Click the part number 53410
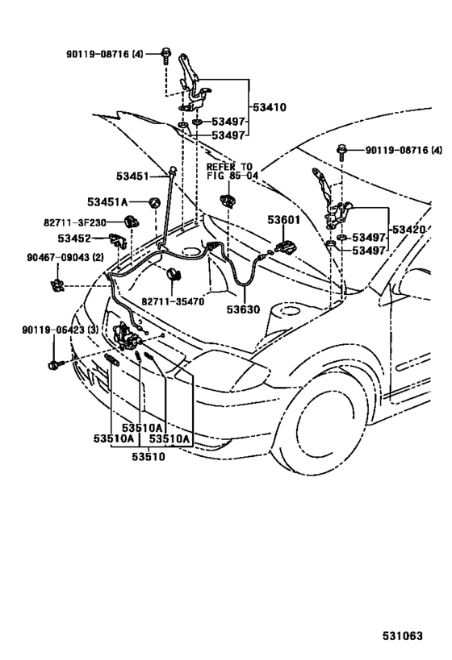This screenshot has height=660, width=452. pos(270,106)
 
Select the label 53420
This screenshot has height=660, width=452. pos(409,230)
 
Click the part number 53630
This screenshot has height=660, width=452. pos(243,309)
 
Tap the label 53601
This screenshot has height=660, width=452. pos(284,218)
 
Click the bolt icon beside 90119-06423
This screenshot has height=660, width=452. pos(56,364)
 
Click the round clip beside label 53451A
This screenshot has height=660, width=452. pos(152,201)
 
